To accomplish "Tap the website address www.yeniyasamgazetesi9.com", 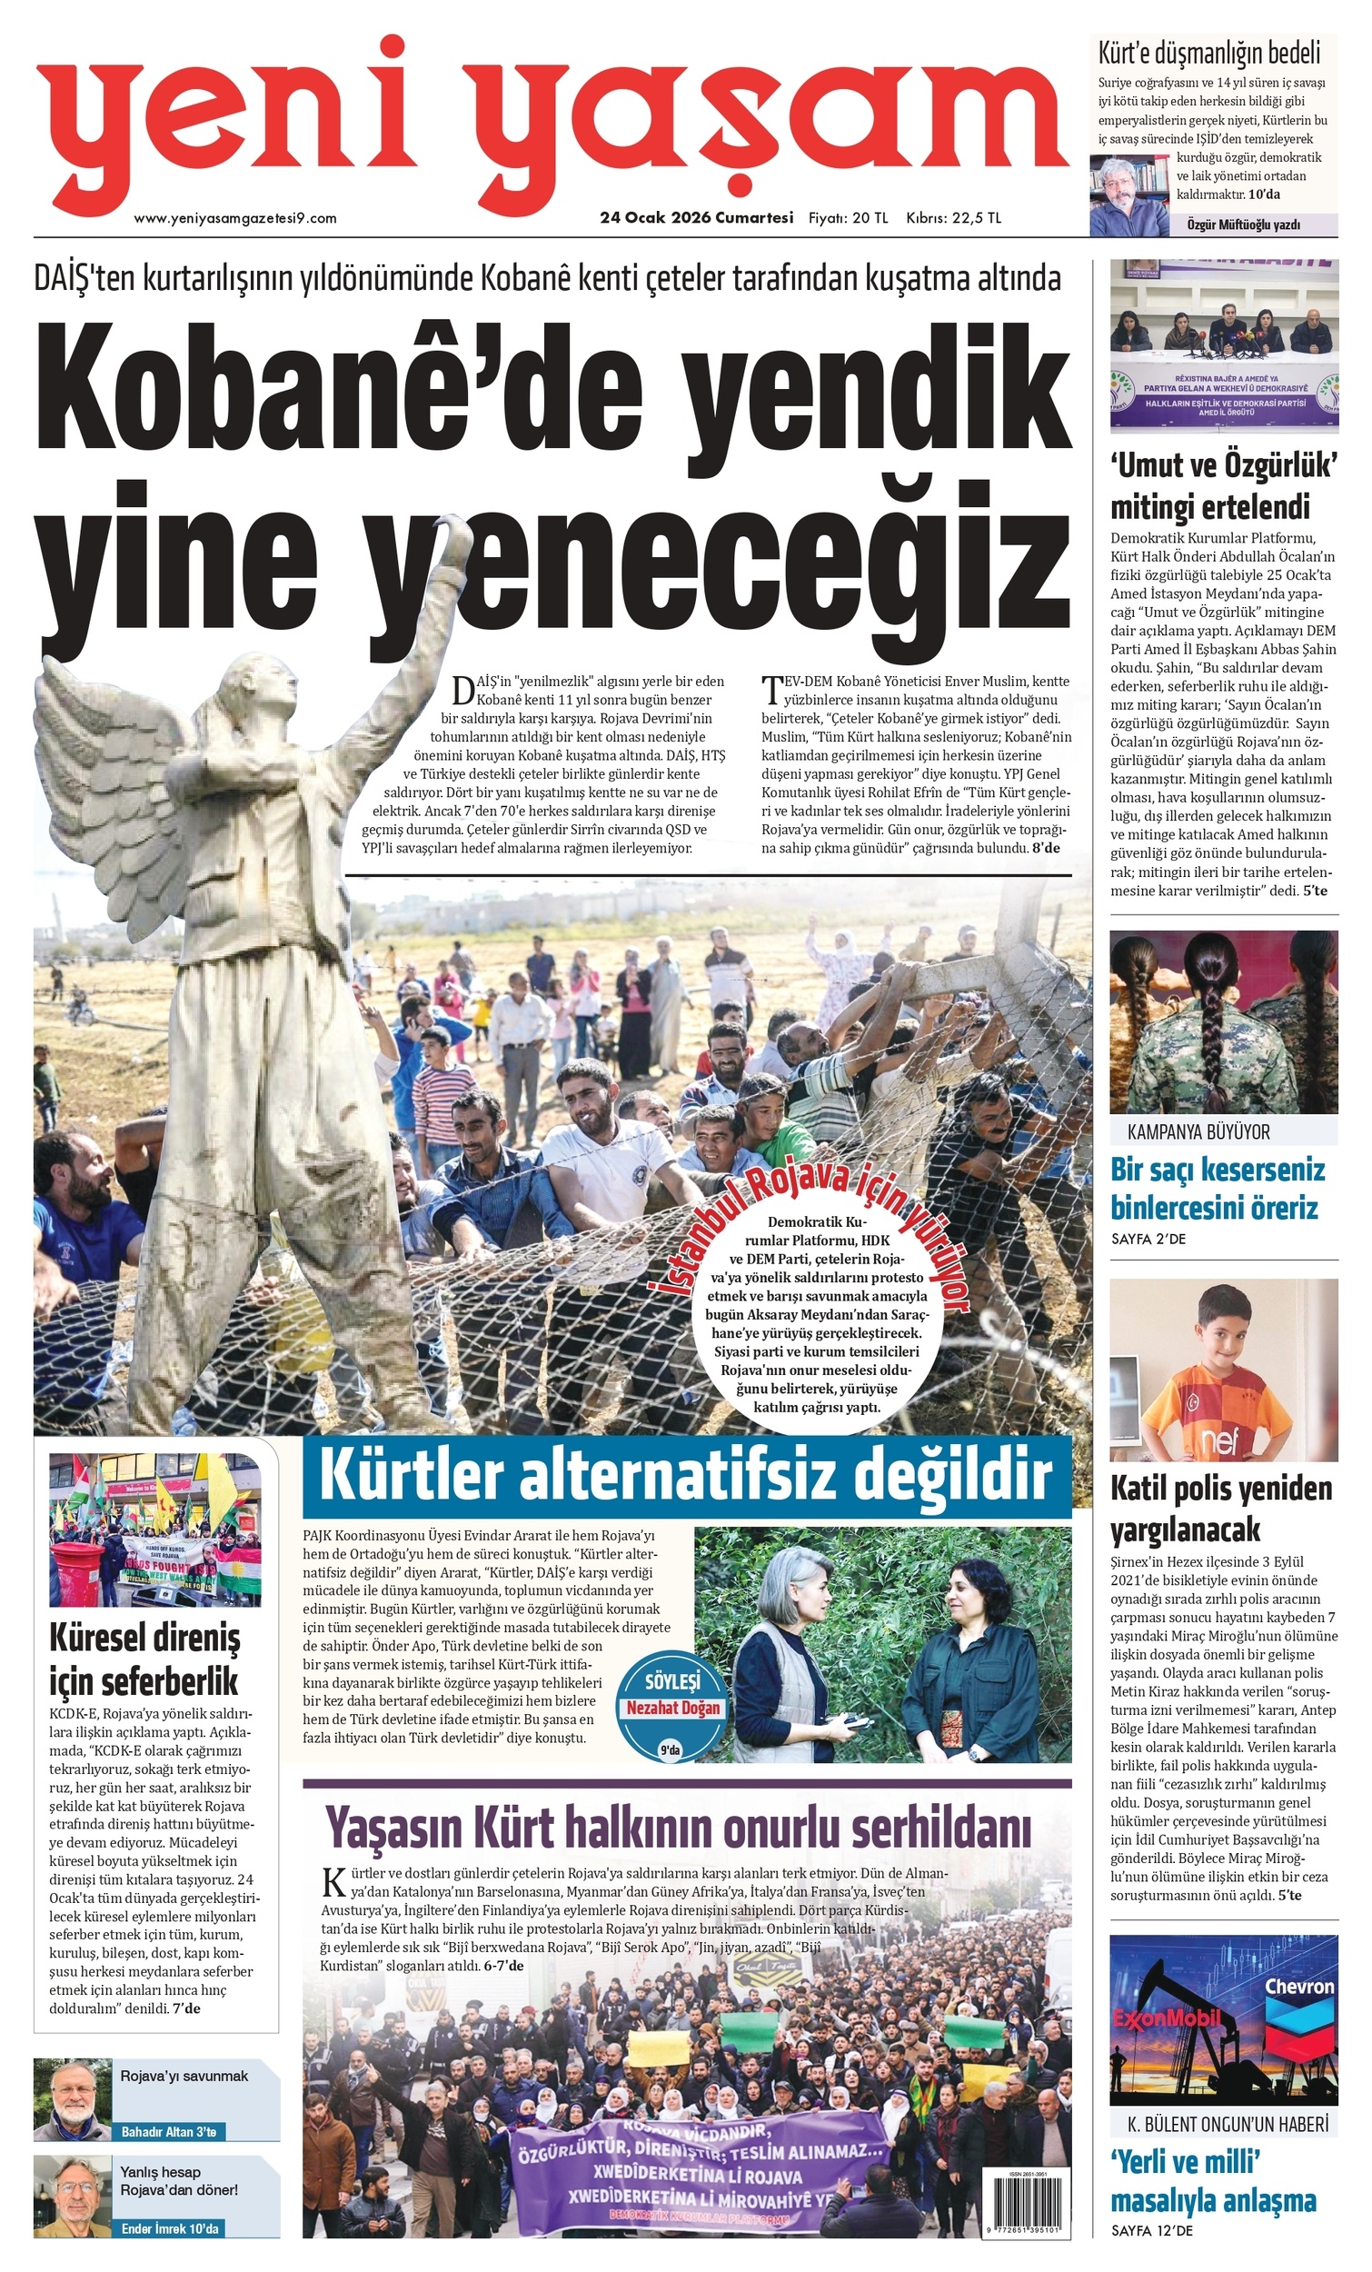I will coord(235,218).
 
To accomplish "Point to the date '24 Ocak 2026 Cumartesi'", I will coord(696,218).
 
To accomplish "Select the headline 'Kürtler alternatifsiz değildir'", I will coord(686,1475).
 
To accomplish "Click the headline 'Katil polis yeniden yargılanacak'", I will coord(1221,1509).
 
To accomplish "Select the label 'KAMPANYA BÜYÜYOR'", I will coord(1198,1131).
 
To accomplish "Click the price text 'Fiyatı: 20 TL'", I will coord(848,218).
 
